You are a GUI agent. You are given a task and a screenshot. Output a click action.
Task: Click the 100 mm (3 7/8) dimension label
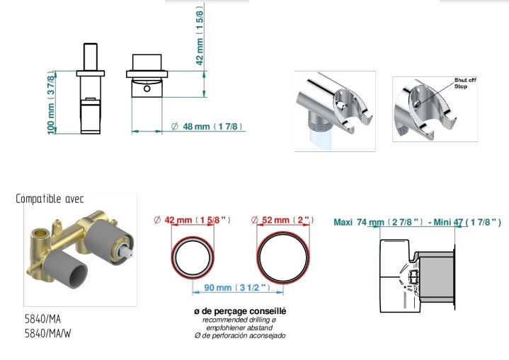(51, 103)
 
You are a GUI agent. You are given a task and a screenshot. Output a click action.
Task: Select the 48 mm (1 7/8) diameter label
(207, 126)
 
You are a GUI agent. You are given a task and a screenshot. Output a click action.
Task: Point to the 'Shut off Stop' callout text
(465, 83)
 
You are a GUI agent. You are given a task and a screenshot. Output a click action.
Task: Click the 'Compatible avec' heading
(50, 199)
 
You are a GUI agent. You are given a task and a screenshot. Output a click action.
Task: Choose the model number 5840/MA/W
(48, 333)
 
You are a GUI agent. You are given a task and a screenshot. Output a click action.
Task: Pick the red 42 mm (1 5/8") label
(192, 220)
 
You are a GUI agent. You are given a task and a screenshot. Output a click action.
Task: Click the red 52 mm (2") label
(282, 220)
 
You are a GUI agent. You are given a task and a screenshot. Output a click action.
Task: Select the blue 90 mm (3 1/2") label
(237, 287)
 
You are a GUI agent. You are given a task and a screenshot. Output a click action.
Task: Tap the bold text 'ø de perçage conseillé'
(240, 311)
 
